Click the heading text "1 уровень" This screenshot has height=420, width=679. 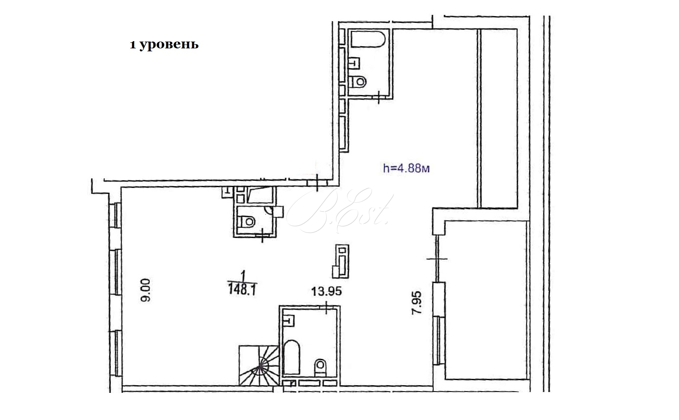(164, 45)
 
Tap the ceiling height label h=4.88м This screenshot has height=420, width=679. (406, 168)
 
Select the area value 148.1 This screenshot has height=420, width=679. (242, 289)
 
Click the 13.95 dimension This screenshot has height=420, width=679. (326, 291)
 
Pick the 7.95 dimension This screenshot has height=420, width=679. (416, 303)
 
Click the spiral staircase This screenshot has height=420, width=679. (259, 365)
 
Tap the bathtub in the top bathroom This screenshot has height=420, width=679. (368, 39)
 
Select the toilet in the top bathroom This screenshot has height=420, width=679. (358, 81)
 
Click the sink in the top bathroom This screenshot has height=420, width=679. (354, 63)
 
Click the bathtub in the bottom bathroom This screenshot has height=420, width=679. (292, 357)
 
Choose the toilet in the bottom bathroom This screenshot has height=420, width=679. (320, 367)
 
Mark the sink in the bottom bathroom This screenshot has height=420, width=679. (289, 321)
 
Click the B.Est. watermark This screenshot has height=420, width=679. (339, 210)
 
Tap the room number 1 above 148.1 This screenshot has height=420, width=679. (243, 276)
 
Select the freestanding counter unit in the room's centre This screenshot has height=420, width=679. (341, 261)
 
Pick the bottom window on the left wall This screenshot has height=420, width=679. (116, 354)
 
